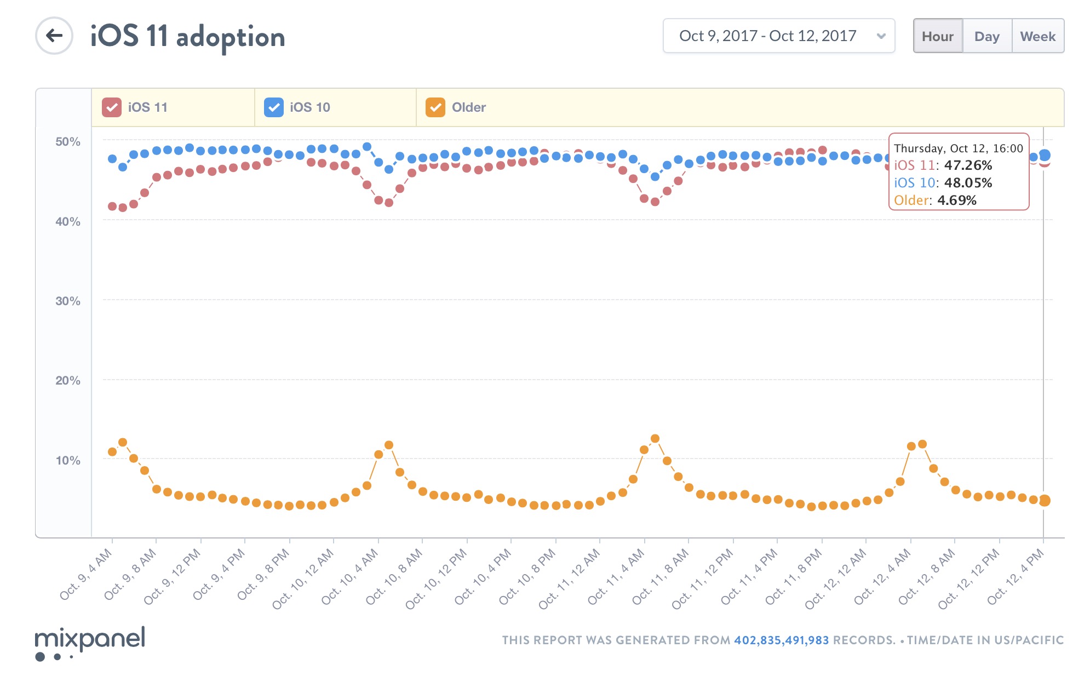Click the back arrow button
coord(54,36)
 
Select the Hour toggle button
coord(937,36)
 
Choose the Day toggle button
coord(986,36)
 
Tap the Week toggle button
coord(1037,36)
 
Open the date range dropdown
coord(778,36)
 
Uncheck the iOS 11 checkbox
coord(112,107)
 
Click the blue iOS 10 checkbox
coord(273,107)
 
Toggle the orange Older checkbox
coord(435,107)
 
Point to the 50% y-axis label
coord(68,142)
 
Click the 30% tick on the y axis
coord(68,301)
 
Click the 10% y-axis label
coord(68,461)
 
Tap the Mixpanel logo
coord(90,642)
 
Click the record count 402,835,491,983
coord(781,640)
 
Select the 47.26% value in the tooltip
coord(968,165)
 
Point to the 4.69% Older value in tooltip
coord(956,200)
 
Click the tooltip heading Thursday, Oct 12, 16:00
coord(958,148)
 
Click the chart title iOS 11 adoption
coord(187,37)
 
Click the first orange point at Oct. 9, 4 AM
coord(112,452)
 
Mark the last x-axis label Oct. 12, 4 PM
coord(1017,576)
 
